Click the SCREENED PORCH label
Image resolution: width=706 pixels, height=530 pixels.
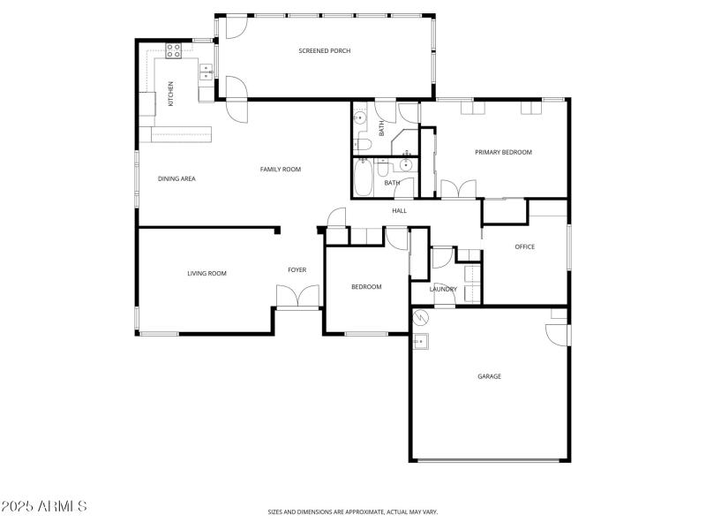(324, 51)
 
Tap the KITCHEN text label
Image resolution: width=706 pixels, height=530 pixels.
(171, 93)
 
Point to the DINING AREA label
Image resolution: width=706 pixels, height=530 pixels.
(176, 178)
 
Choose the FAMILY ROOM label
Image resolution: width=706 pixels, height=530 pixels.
(280, 169)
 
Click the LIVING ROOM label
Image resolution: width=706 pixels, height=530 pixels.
(207, 274)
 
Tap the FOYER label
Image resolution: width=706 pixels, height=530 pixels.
(297, 269)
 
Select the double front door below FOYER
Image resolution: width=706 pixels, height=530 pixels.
(297, 297)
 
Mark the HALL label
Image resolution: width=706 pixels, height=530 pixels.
(400, 210)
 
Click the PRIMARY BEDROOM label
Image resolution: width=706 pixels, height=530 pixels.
(503, 152)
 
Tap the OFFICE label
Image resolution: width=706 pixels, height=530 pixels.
(524, 246)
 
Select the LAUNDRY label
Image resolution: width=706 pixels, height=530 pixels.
(443, 289)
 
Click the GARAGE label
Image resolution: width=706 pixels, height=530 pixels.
(489, 376)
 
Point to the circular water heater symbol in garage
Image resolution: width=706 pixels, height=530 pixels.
(421, 318)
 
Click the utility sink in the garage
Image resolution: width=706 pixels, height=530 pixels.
(421, 342)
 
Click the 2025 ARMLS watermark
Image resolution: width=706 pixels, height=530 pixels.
(44, 506)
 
